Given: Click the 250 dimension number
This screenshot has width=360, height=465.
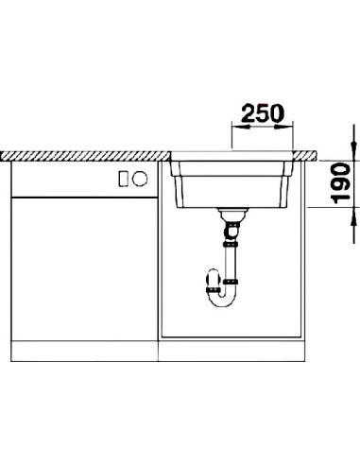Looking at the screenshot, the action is (x=263, y=113).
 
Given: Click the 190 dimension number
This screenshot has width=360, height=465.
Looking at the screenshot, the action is (x=341, y=183).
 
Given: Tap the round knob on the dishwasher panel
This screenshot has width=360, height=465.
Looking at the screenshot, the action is (x=140, y=179).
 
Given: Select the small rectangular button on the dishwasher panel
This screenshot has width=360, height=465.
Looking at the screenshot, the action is (x=123, y=179).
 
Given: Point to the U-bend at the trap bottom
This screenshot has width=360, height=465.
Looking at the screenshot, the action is (x=224, y=301).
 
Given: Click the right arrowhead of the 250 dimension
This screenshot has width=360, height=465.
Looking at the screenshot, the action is (x=283, y=127).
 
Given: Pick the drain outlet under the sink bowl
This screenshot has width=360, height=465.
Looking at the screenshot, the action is (x=233, y=215).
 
